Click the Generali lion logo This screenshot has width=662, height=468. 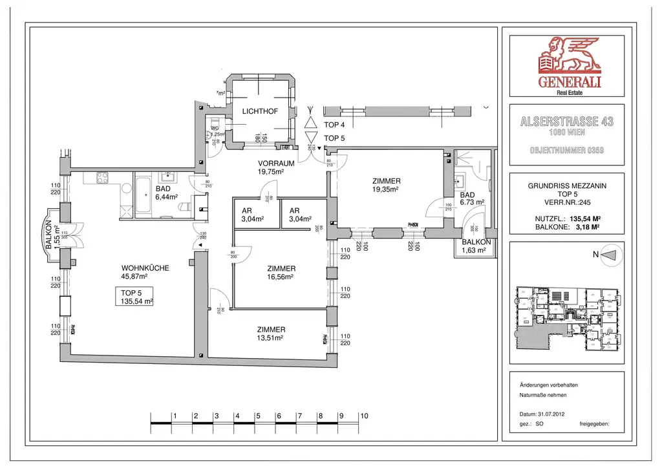566,56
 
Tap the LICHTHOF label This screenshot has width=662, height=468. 260,112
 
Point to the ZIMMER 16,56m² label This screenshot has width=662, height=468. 281,272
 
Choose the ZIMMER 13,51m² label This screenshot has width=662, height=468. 271,332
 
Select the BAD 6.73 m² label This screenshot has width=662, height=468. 471,198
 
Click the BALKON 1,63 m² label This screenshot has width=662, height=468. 476,246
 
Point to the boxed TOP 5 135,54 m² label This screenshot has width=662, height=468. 136,297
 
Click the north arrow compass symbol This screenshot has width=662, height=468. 610,255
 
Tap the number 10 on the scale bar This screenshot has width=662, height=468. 364,416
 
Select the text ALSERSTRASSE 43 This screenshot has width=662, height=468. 566,122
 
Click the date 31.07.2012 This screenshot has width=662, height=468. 555,413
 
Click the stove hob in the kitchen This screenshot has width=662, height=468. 104,176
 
